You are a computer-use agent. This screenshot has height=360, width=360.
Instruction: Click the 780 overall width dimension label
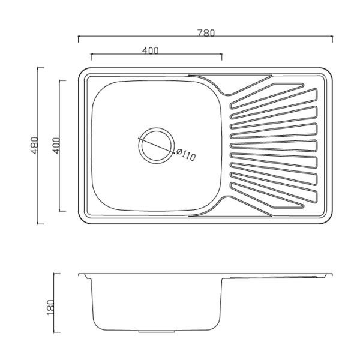tap(206, 33)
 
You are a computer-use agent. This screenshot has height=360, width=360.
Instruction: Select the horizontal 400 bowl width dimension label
tap(151, 50)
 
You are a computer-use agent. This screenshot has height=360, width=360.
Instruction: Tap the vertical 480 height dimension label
tap(34, 146)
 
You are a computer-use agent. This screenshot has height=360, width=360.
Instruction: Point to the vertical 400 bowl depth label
tap(56, 146)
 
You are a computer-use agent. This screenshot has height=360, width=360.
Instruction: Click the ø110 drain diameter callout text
tap(186, 155)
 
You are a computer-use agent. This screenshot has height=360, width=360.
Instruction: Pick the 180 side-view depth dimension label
tap(50, 307)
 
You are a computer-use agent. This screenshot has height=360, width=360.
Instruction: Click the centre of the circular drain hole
tap(157, 146)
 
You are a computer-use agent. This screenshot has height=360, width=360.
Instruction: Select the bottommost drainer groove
tap(268, 196)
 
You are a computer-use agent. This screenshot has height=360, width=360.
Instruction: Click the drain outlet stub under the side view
tap(157, 332)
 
